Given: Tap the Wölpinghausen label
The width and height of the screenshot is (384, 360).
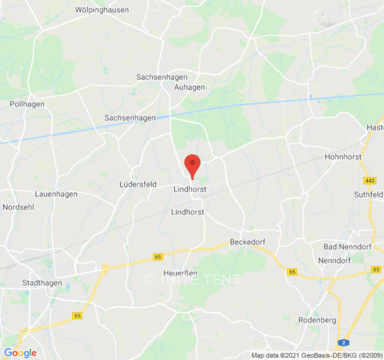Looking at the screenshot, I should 102,9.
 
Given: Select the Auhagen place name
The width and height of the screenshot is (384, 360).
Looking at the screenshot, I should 190,87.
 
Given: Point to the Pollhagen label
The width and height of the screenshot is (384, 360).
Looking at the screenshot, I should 27,104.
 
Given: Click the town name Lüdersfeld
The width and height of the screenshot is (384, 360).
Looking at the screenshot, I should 138,184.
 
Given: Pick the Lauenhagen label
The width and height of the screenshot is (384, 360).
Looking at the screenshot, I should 56,194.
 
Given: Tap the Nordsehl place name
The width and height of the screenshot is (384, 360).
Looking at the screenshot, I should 18,207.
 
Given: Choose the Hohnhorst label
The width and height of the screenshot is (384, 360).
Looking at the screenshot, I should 343,157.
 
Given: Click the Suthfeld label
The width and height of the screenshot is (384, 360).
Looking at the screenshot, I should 368,194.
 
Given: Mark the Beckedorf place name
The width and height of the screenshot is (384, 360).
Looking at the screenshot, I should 248,242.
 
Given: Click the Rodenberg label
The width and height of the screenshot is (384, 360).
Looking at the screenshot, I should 317,320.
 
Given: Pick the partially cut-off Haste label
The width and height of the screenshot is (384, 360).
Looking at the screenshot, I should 375,127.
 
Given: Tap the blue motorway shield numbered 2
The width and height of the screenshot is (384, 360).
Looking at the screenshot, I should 344,342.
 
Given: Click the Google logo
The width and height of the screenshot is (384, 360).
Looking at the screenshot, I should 20,353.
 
